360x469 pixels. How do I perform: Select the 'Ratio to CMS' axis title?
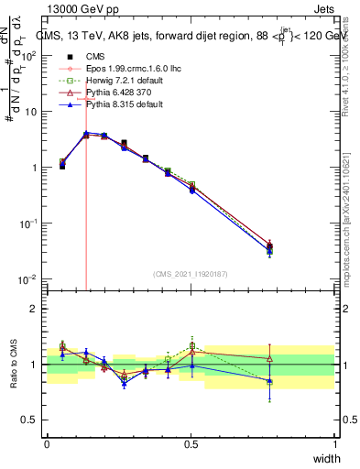pos(12,364)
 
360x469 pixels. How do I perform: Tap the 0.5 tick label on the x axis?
pos(191,444)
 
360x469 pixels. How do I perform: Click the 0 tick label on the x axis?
pos(48,444)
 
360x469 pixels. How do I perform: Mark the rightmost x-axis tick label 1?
pos(334,444)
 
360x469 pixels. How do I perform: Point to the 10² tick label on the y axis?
pos(29,55)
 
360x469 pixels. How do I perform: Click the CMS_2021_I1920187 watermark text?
pos(189,273)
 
